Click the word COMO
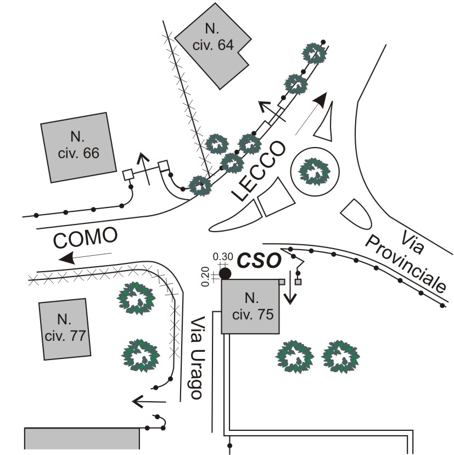coord(86,238)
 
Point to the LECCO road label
coord(258,171)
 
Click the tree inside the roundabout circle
coord(313,172)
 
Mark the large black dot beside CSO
coord(225,273)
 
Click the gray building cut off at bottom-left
coord(82,440)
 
